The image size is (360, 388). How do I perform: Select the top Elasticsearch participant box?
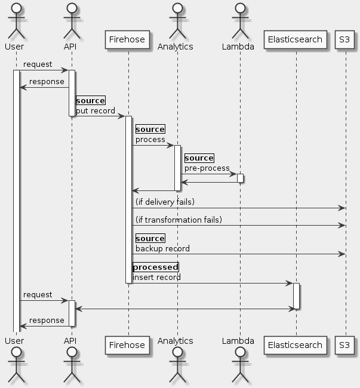point(296,40)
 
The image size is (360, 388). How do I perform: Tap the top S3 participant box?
point(345,40)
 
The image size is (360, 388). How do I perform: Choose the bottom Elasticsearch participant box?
point(296,344)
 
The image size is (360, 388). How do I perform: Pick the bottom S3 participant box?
point(345,344)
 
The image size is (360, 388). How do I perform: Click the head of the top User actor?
point(16,8)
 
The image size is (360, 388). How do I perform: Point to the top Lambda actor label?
point(238,47)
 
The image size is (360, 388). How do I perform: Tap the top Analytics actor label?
point(176,47)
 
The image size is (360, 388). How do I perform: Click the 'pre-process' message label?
point(207,168)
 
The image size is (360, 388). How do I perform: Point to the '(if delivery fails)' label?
point(165,202)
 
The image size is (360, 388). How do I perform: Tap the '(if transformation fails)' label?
point(179,220)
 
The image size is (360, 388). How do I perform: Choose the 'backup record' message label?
point(162,248)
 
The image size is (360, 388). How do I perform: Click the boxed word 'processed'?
point(155,267)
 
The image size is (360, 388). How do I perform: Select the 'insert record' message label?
point(156,278)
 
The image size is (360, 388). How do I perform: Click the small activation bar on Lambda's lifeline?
point(240,178)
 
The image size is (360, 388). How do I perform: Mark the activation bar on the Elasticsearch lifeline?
point(296,295)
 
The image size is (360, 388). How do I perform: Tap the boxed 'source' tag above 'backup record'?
point(150,238)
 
